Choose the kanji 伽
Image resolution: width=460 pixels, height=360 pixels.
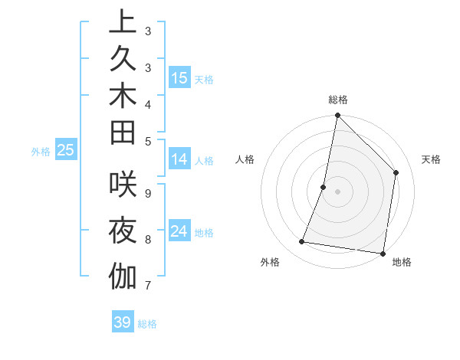[x=123, y=275]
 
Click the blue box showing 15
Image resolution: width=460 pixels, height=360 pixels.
[x=179, y=77]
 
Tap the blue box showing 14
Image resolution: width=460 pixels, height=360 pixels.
[x=179, y=159]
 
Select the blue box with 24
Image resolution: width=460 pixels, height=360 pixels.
[x=179, y=231]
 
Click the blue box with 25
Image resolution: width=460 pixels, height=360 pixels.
[x=66, y=150]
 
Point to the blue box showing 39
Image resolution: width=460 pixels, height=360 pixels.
[x=123, y=322]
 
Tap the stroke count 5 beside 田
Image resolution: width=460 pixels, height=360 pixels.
[x=148, y=141]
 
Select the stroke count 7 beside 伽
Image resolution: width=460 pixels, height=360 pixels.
[x=148, y=286]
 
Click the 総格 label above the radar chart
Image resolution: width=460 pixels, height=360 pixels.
[x=338, y=100]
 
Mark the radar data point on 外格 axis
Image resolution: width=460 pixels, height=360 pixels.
[x=302, y=242]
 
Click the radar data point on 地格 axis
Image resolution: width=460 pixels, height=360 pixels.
[x=383, y=253]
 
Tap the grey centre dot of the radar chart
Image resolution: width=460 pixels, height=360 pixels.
[x=337, y=191]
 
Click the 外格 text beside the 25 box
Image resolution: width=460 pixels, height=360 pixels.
[x=41, y=152]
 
